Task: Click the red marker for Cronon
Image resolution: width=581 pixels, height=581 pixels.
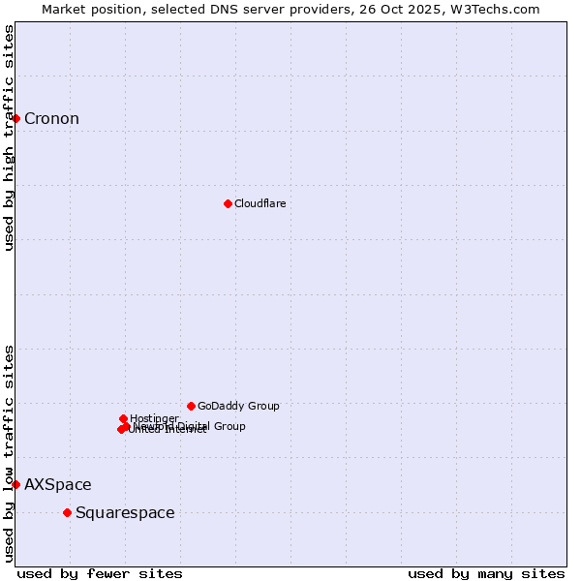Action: coord(15,118)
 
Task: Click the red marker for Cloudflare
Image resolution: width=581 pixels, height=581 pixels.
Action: coord(228,203)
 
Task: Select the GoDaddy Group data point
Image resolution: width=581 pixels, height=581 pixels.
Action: coord(191,406)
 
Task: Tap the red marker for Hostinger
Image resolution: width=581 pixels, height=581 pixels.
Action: coord(123,418)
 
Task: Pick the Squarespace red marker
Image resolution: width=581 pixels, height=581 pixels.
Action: coord(67,512)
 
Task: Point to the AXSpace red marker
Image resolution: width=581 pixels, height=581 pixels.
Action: coord(15,484)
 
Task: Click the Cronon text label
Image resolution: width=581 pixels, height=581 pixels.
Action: coord(51,119)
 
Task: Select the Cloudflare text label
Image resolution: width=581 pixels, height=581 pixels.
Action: coord(260,203)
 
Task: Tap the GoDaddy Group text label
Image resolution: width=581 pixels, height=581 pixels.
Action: coord(238,406)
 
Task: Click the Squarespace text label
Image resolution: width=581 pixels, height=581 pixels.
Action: coord(125,513)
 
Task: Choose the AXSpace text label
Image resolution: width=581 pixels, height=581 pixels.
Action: coord(58,485)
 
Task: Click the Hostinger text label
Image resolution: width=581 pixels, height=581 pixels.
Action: coord(154,418)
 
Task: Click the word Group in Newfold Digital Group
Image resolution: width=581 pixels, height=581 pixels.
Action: coord(229,426)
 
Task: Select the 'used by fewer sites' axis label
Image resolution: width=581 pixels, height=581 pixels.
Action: coord(100,574)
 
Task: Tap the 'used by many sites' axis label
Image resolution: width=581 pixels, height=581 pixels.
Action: coord(486,574)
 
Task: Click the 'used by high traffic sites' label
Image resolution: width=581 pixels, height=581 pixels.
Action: coord(9,138)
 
